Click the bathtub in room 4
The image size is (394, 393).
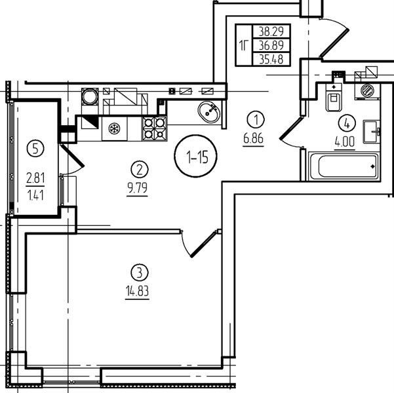pyautogui.click(x=344, y=166)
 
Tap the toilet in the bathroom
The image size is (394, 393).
pyautogui.click(x=334, y=98)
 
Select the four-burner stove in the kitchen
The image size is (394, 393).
pyautogui.click(x=155, y=128)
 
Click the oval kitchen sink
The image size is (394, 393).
pyautogui.click(x=209, y=112)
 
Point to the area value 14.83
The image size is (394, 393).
pyautogui.click(x=137, y=291)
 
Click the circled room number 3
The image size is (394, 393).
pyautogui.click(x=140, y=272)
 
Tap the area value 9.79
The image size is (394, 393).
pyautogui.click(x=137, y=188)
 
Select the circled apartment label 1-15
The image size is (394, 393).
pyautogui.click(x=195, y=156)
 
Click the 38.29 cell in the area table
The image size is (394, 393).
pyautogui.click(x=271, y=31)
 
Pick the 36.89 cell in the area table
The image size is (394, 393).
pyautogui.click(x=271, y=45)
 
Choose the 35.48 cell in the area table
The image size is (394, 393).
pyautogui.click(x=271, y=60)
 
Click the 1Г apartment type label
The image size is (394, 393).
pyautogui.click(x=243, y=45)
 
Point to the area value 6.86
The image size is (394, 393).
pyautogui.click(x=253, y=138)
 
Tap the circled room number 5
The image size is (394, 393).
pyautogui.click(x=35, y=149)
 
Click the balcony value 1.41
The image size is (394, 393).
pyautogui.click(x=35, y=195)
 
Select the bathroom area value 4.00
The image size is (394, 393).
pyautogui.click(x=344, y=142)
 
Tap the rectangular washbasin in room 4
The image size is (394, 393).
pyautogui.click(x=371, y=132)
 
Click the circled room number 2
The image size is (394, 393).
pyautogui.click(x=140, y=170)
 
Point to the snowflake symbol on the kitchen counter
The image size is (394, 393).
pyautogui.click(x=114, y=128)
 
